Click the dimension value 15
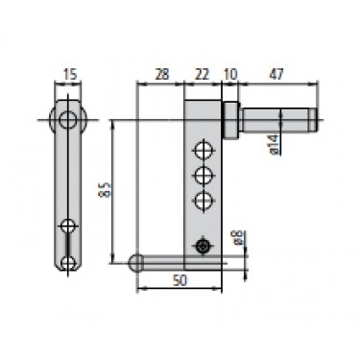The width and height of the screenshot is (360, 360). pos(70,74)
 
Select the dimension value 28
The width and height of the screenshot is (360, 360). pos(162,74)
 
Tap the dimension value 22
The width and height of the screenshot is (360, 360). pos(202,74)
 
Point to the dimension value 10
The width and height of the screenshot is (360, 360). pos(230,74)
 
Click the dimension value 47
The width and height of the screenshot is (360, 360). pos(276,74)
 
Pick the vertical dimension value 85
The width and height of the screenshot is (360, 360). pos(107,189)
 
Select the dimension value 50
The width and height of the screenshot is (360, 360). pos(180,280)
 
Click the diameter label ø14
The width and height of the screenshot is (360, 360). pos(273,144)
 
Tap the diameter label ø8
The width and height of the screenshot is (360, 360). pos(239,238)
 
